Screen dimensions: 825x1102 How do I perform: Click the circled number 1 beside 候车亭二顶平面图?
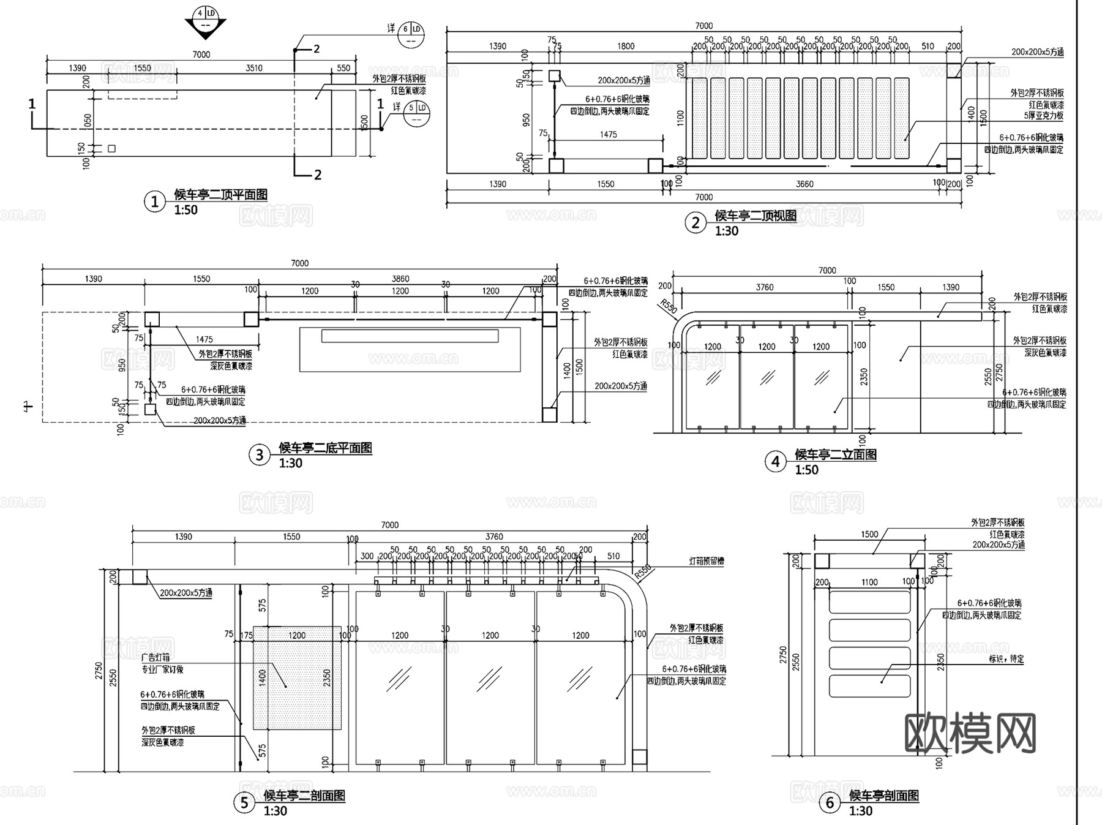pos(154,202)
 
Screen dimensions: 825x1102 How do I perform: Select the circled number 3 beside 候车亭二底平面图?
pos(259,455)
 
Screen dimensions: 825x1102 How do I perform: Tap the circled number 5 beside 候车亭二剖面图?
pos(244,803)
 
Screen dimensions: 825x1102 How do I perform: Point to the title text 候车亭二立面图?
pos(836,454)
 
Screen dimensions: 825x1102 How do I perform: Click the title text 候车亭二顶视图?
pos(756,216)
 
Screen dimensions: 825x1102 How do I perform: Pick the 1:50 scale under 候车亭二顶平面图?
pos(186,210)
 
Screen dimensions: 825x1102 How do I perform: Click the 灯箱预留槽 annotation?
pos(706,561)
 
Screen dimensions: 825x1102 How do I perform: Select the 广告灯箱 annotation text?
pos(156,657)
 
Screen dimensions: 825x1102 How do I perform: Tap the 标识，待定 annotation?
pos(1006,660)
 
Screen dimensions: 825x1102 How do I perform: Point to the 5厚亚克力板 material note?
pos(1044,115)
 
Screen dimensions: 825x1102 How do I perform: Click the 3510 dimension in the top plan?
pos(254,68)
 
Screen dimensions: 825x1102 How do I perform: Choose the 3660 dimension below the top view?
pos(804,184)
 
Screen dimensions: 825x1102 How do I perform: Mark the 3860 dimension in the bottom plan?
pos(400,279)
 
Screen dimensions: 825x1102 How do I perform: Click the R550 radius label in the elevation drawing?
pos(669,306)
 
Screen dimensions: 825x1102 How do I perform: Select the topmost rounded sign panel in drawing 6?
pos(869,600)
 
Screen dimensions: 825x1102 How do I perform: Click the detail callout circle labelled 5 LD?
pos(416,113)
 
